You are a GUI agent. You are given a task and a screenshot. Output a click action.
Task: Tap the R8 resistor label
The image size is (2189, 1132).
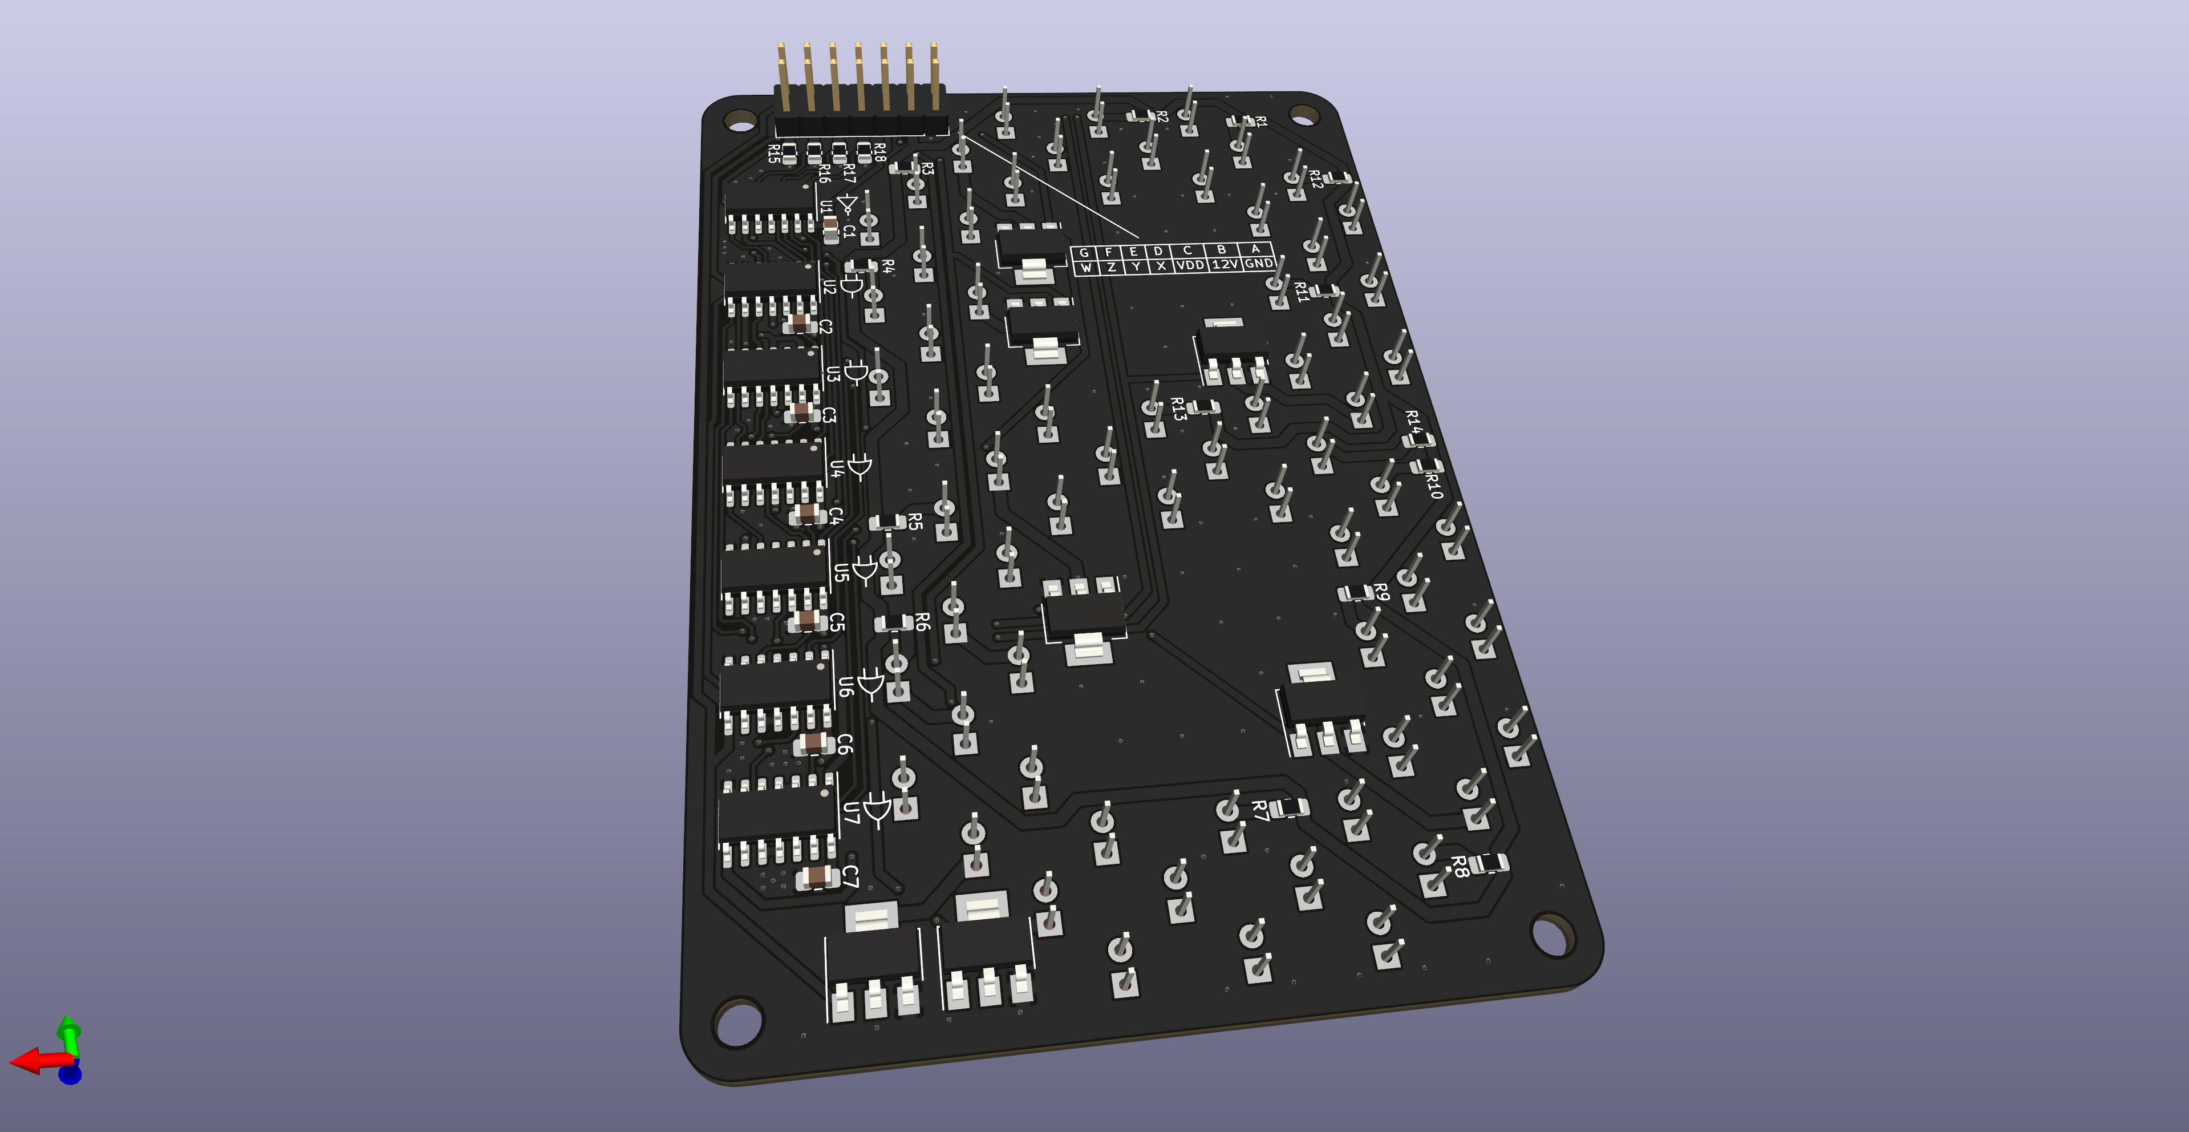pyautogui.click(x=1459, y=866)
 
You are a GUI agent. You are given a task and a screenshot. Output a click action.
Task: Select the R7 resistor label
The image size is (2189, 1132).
pyautogui.click(x=1260, y=810)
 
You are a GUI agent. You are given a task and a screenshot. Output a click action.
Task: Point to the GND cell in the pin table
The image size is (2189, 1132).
pyautogui.click(x=1259, y=264)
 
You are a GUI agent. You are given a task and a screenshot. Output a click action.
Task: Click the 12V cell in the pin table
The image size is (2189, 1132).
pyautogui.click(x=1225, y=264)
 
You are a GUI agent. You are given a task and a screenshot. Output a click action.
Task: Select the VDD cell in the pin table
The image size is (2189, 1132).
pyautogui.click(x=1190, y=265)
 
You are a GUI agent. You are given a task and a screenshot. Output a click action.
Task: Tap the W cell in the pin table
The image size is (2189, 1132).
pyautogui.click(x=1085, y=268)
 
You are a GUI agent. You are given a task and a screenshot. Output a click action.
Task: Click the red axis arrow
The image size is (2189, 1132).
pyautogui.click(x=30, y=1061)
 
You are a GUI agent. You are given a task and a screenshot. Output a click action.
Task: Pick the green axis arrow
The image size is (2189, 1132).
pyautogui.click(x=69, y=1029)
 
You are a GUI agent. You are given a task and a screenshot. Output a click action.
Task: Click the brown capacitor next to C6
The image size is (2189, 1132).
pyautogui.click(x=814, y=743)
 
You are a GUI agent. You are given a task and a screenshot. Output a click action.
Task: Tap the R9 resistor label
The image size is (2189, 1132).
pyautogui.click(x=1382, y=592)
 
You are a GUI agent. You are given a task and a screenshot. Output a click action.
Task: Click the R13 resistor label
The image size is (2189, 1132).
pyautogui.click(x=1178, y=409)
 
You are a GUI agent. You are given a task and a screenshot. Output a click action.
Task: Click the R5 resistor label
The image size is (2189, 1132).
pyautogui.click(x=915, y=521)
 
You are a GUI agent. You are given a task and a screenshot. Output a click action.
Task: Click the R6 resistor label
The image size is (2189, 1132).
pyautogui.click(x=923, y=621)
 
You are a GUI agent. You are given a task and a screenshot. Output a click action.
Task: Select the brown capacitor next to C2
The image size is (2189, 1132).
pyautogui.click(x=800, y=322)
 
